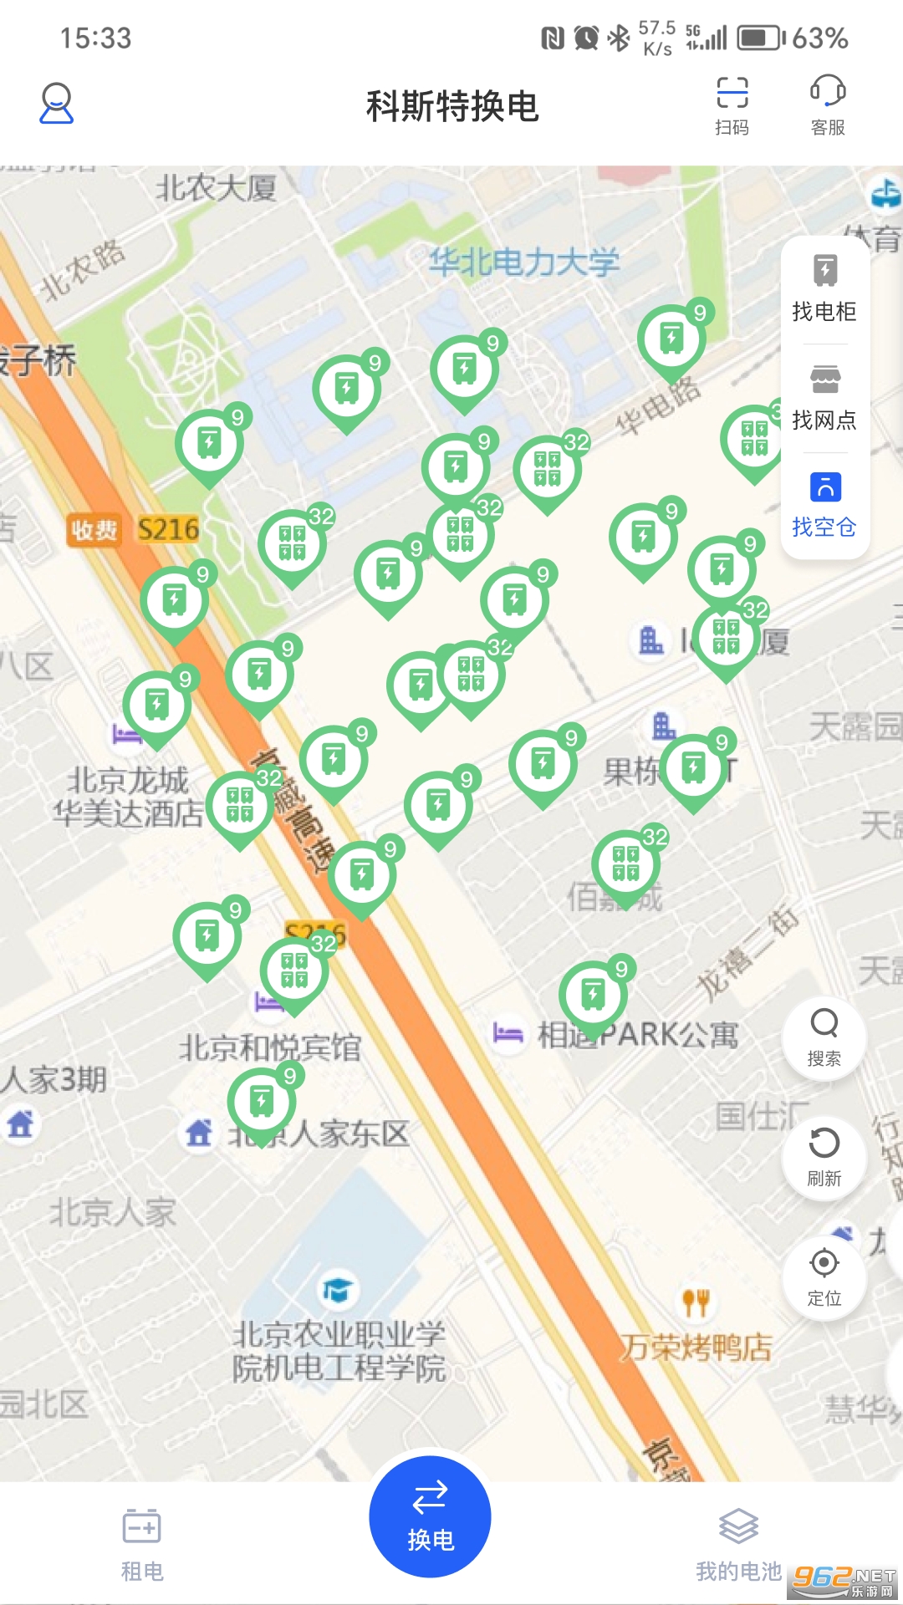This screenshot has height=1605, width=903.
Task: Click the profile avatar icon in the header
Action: pos(57,104)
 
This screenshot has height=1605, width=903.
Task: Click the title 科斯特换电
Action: pos(451,106)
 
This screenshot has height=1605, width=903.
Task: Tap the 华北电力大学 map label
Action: pos(524,262)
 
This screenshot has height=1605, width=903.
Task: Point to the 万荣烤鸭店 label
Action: pos(696,1347)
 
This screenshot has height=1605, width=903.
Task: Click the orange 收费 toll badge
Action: pos(94,530)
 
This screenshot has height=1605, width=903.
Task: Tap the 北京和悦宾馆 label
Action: pos(270,1047)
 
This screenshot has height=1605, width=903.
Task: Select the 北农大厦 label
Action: pos(216,187)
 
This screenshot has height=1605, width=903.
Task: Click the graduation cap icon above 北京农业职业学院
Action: pos(338,1290)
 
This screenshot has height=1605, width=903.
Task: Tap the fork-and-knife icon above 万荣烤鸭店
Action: pos(696,1301)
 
